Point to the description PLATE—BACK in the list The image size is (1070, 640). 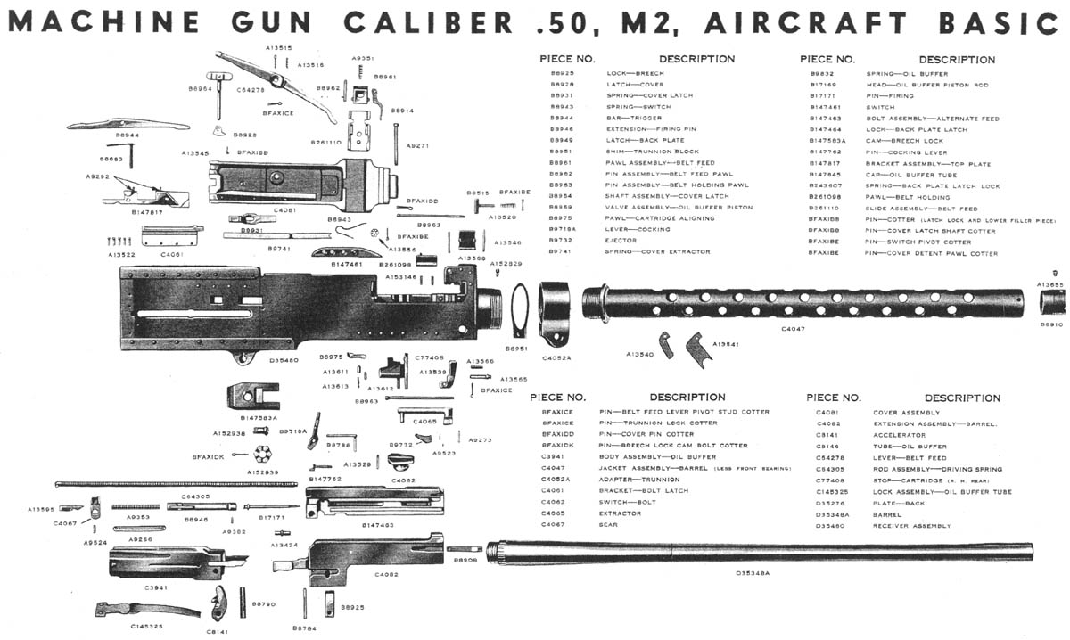click(x=899, y=503)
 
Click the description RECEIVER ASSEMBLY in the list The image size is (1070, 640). click(x=914, y=525)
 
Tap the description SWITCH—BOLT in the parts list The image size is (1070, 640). click(x=627, y=503)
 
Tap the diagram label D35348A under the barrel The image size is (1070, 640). click(x=753, y=573)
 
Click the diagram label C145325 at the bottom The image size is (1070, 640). click(x=146, y=627)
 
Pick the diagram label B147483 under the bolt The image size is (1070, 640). click(x=379, y=526)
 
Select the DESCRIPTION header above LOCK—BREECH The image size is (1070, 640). click(x=696, y=59)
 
